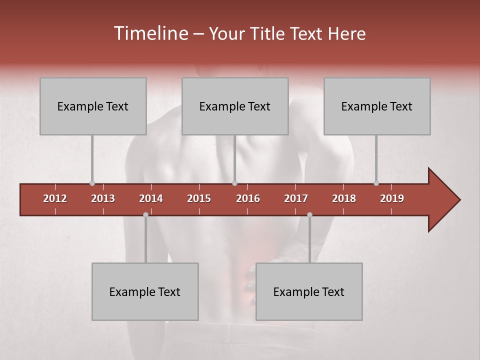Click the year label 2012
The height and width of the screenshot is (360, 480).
point(55,198)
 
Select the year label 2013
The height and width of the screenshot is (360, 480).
point(103,198)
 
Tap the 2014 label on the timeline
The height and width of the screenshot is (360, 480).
point(151,198)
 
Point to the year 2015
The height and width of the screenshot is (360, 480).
point(199,198)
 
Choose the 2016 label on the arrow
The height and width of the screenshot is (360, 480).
point(248,198)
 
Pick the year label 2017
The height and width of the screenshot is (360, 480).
point(296,198)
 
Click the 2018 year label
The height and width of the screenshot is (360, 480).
point(344,198)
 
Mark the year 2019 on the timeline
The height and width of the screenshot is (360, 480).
point(392,198)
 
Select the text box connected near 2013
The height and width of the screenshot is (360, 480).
point(93,106)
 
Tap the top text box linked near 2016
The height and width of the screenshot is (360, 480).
point(235,106)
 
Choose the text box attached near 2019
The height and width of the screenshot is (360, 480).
point(377,106)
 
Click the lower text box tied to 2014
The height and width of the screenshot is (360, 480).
point(145,291)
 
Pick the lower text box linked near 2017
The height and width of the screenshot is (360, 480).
point(309,291)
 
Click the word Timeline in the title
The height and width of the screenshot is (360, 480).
point(150,33)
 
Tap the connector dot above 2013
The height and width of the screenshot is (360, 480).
point(92,183)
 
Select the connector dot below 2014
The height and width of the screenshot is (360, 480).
point(145,214)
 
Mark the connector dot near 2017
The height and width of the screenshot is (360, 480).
point(309,214)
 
